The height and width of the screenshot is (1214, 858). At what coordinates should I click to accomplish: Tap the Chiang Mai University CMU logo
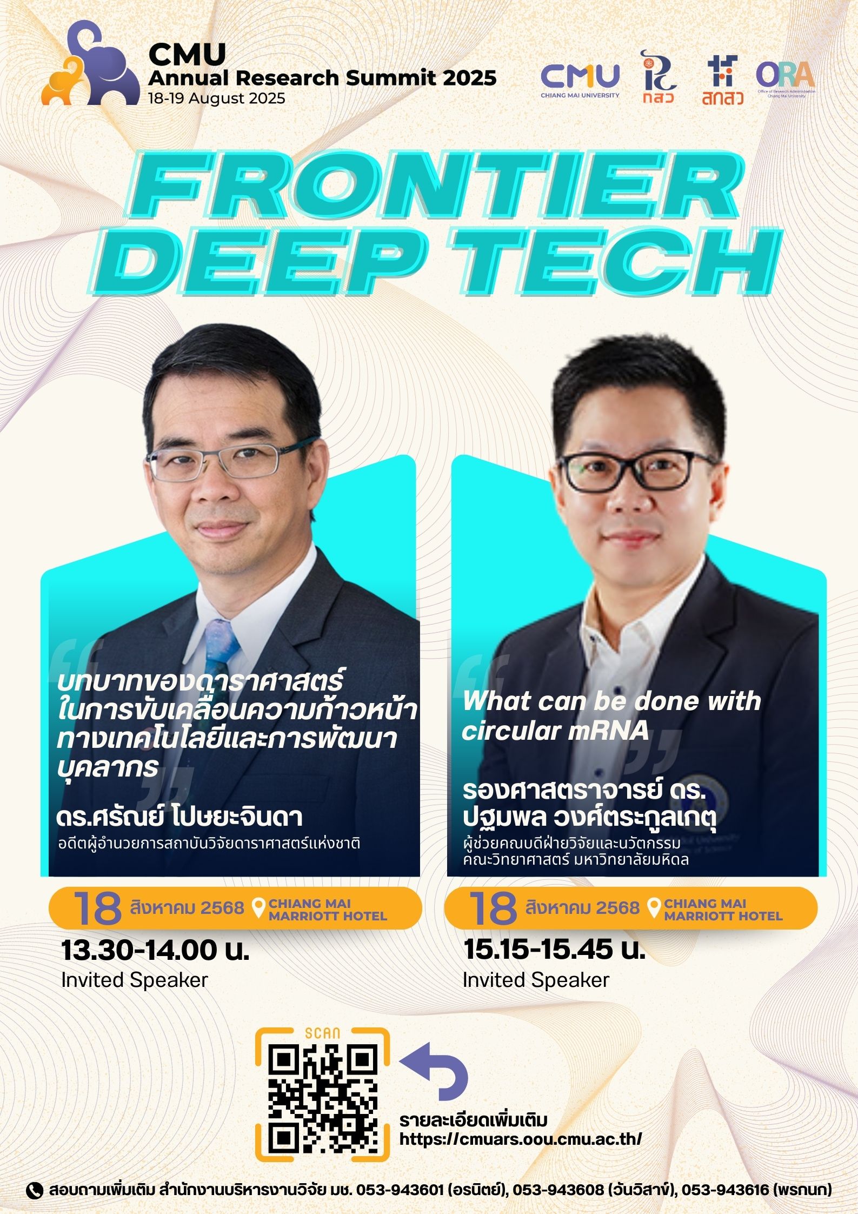click(580, 80)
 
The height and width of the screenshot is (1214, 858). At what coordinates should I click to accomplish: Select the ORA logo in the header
click(786, 79)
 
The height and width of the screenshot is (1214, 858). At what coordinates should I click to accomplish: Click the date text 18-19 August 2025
click(217, 98)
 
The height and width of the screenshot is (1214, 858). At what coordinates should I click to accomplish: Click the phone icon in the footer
click(35, 1190)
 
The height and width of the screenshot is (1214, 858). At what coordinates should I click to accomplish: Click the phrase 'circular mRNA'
click(555, 731)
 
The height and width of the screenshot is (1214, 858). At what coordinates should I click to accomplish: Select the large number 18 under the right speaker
click(493, 908)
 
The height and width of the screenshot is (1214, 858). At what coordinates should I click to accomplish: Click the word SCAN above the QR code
click(323, 1033)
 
